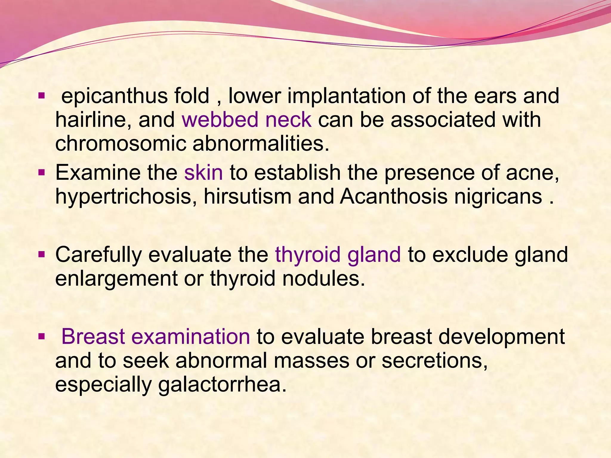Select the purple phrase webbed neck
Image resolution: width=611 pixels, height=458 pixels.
[247, 120]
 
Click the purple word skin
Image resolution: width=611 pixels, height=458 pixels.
[203, 173]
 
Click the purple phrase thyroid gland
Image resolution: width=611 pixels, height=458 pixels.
[338, 255]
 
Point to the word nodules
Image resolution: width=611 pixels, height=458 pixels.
[323, 279]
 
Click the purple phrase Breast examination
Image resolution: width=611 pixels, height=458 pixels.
[155, 337]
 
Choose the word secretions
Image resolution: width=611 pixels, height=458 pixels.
[434, 361]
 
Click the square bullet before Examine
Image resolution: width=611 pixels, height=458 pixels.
[41, 172]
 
